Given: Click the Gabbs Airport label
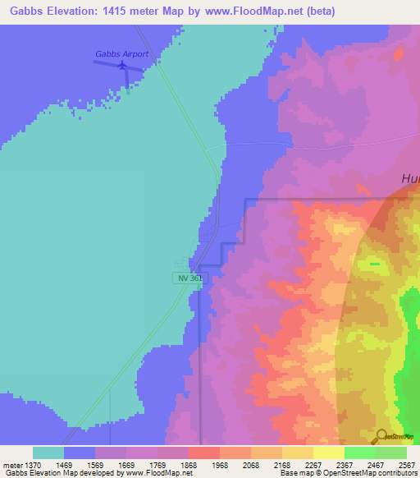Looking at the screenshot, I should coord(121,54).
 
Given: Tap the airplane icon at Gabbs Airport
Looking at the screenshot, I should coord(122,65).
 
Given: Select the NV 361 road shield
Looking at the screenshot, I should coord(189,278).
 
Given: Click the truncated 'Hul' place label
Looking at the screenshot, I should coord(409,179).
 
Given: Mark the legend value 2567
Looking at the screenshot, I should coord(407,464).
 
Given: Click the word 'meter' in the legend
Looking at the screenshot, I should coord(11,464).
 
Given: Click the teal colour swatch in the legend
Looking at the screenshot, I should coord(48,453).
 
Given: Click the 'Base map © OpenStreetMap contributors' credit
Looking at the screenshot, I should coord(348,473).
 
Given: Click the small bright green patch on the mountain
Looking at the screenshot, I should coord(374,264).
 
